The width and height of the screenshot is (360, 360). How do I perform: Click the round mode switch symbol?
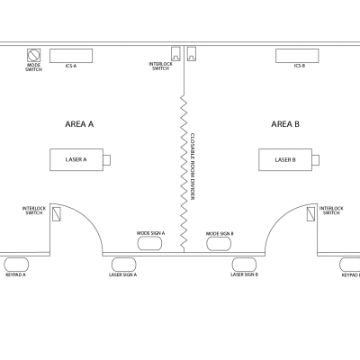tap(35, 54)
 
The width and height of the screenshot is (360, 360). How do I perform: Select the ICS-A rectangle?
tap(70, 54)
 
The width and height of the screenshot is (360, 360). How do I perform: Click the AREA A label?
tap(80, 124)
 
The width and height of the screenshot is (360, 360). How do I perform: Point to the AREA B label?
tap(285, 124)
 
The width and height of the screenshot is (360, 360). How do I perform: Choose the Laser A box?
tap(76, 159)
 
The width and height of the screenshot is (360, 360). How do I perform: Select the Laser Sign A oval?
tap(122, 265)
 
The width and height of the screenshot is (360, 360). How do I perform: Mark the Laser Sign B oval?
tap(244, 265)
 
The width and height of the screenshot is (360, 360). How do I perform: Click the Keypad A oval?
tap(15, 265)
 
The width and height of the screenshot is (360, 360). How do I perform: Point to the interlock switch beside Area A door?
tap(56, 215)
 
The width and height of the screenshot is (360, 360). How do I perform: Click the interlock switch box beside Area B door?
tap(310, 215)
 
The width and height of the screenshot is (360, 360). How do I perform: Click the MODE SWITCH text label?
tap(33, 67)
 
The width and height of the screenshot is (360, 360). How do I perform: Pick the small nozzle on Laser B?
tap(316, 159)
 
